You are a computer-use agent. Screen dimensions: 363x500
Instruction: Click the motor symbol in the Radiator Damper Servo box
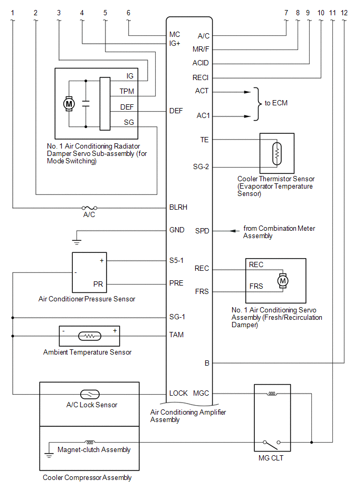[69, 104]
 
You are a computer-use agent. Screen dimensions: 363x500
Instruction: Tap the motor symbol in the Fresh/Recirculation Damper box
[283, 281]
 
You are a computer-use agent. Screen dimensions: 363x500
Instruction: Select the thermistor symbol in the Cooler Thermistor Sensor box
[277, 154]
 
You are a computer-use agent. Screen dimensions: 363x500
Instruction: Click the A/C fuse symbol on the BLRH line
[89, 208]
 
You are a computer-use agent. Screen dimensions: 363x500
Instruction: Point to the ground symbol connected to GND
[77, 241]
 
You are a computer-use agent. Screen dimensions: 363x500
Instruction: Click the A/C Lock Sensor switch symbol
[90, 395]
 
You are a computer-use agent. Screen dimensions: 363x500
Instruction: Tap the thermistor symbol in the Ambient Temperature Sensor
[90, 336]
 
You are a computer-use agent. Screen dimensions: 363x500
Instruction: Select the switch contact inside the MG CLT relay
[272, 443]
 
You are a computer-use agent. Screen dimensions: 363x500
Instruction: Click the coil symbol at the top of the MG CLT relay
[272, 394]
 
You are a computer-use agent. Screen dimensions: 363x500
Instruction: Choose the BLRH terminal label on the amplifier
[178, 207]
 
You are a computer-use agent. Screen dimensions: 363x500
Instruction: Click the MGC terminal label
[201, 393]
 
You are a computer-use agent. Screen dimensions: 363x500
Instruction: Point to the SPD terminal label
[202, 231]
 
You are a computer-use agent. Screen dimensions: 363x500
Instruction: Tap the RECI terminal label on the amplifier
[200, 77]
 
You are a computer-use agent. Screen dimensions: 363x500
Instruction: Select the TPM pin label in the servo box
[127, 91]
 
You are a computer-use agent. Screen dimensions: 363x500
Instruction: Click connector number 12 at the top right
[344, 13]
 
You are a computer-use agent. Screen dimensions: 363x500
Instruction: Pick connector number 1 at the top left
[13, 13]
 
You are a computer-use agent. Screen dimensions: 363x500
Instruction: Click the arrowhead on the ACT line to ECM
[247, 92]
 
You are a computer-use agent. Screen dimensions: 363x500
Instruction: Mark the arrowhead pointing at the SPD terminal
[234, 231]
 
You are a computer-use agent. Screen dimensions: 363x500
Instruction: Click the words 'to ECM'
[276, 103]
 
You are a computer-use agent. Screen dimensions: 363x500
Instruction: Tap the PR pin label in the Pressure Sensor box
[98, 284]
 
